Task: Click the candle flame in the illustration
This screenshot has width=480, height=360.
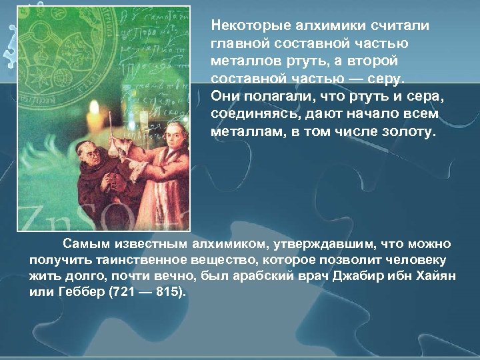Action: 95,109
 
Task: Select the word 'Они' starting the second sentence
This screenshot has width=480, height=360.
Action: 223,97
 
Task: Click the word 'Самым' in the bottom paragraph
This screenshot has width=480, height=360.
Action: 83,243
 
